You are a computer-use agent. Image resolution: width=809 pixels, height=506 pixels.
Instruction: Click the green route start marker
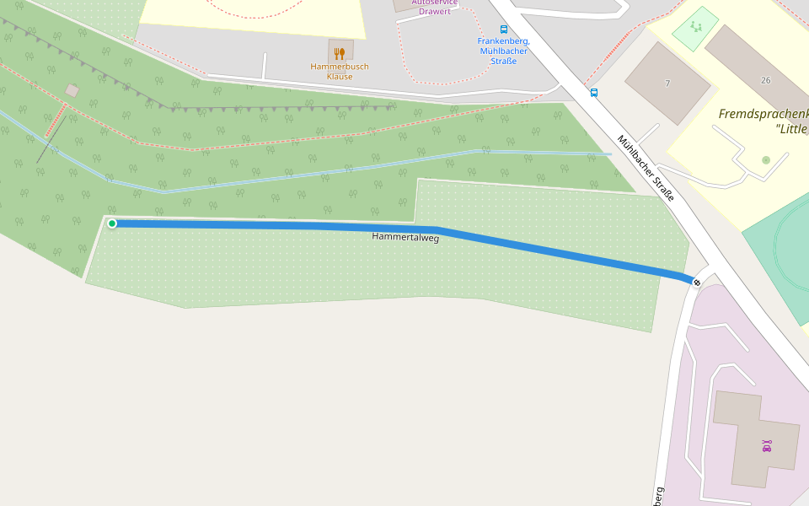coord(112,223)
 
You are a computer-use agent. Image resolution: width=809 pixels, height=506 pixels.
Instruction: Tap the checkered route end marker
coord(696,282)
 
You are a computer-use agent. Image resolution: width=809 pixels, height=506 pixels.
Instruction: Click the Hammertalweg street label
coord(405,238)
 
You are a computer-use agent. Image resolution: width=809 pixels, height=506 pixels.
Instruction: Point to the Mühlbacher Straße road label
coord(646,168)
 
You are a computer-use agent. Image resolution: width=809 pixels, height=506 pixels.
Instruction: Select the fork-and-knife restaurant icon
coord(340,54)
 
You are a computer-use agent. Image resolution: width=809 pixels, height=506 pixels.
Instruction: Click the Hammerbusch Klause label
coord(340,72)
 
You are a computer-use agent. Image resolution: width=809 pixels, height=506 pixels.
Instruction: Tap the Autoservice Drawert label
coord(435,7)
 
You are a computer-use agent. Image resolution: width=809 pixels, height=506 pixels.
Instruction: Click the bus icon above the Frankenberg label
coord(504,29)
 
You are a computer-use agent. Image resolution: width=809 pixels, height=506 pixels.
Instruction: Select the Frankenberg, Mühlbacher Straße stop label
coord(503,51)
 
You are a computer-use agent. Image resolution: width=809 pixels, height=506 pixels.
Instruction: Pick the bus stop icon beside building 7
coord(594,93)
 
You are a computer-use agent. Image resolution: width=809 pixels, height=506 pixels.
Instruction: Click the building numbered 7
coord(667,83)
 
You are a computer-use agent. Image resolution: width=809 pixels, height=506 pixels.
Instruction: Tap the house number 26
coord(765,80)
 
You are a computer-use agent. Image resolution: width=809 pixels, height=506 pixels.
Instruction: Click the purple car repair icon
coord(766,446)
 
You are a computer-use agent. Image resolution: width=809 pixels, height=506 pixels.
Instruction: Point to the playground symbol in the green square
coord(696,27)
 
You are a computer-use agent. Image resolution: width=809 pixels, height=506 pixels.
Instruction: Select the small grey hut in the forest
coord(72,90)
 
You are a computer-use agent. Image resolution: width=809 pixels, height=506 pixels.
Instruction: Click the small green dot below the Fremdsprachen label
coord(765,160)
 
